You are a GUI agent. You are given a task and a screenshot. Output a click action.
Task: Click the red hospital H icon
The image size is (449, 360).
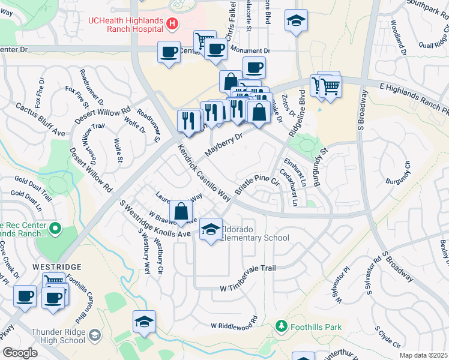point(172,23)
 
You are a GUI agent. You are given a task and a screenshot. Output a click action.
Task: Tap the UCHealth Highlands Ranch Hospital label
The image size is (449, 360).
point(127,23)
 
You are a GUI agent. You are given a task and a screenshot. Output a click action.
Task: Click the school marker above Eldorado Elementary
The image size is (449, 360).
point(211,230)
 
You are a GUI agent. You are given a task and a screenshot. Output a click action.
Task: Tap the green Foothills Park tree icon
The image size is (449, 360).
point(281,326)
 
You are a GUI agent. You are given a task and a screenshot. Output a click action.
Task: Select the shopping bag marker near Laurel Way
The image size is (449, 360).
point(181,211)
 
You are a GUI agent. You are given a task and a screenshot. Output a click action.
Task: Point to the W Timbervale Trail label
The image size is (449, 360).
point(247,268)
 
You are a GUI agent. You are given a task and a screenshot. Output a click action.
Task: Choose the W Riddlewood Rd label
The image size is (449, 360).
point(234,325)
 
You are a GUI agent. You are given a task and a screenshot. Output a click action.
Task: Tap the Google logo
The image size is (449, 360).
point(19,352)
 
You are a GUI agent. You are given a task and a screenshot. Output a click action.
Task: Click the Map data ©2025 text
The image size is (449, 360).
point(424,355)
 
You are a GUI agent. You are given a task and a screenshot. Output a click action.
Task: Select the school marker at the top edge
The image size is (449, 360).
point(296,21)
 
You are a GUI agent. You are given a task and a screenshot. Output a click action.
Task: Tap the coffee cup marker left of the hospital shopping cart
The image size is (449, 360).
point(169,51)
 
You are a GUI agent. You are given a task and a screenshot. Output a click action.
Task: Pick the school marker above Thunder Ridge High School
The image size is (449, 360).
point(144,323)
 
